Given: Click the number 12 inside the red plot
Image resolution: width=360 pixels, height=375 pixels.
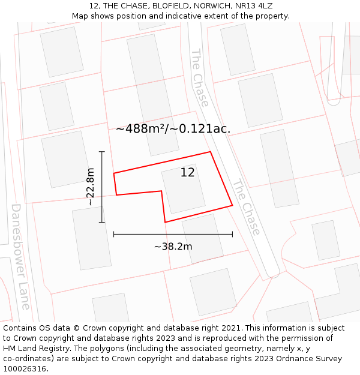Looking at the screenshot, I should pos(187,173).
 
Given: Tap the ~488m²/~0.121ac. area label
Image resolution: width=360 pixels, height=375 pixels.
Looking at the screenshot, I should pos(173,128).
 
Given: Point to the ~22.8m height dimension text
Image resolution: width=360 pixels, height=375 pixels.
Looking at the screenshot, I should pos(90,187).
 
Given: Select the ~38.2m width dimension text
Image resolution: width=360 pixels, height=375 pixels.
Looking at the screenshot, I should pos(173,246).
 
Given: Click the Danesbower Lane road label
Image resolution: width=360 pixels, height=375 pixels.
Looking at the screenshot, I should pos(20,257).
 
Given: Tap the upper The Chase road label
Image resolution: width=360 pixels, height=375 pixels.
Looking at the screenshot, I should pos(200,77).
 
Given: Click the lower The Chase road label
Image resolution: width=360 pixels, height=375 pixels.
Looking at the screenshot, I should pos(247,207).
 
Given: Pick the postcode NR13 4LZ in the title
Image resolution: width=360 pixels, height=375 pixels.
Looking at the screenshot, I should pos(251,5).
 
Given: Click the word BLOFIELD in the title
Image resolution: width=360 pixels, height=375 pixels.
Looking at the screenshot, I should pos(163,5).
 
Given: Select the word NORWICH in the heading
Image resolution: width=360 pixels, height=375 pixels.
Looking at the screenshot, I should pos(207,5).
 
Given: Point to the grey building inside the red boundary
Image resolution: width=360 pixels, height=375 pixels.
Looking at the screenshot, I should pos(183,189).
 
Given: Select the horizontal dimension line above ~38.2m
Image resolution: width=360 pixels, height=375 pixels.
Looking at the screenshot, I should pos(173,234).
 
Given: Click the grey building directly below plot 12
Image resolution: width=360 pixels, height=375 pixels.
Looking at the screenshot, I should pos(202,238).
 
